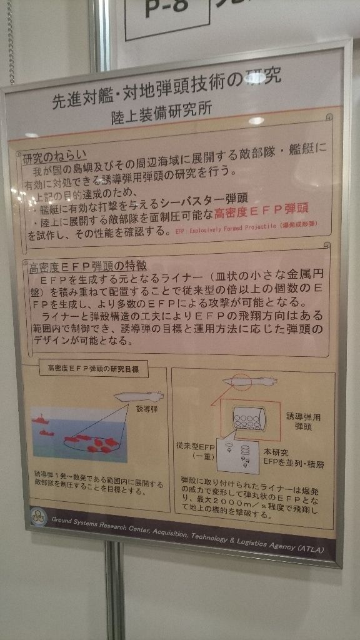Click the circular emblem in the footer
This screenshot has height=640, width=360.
coord(39,517)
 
